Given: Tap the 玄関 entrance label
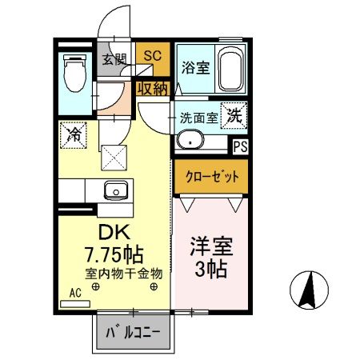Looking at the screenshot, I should coord(114,58).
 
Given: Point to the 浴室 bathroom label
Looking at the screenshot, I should coord(195,67).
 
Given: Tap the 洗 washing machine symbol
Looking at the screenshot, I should coord(234,115).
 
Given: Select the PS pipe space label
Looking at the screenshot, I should coord(239,146).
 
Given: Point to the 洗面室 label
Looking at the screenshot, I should coord(199,116).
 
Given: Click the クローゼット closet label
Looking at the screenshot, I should coord(206,178).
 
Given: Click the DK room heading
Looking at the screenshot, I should coord(111,233).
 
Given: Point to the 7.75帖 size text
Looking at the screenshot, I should coord(114,254).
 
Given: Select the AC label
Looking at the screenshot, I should coord(77,292).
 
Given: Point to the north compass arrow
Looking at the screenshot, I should coord(307,292).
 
